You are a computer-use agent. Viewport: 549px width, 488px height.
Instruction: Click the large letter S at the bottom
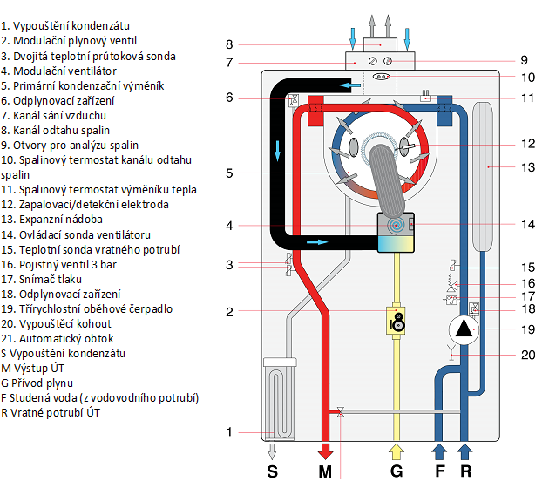pos(273,471)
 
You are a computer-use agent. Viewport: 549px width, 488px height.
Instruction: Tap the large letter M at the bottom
pos(325,471)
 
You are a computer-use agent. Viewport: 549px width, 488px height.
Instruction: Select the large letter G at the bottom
pos(396,471)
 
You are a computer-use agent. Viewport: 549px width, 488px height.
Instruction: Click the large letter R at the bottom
pos(466,471)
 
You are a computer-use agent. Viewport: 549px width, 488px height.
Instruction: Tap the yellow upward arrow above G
pos(396,451)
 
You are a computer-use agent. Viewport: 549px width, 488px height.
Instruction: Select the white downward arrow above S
pos(273,451)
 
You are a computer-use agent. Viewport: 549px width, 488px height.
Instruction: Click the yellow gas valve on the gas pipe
pos(396,321)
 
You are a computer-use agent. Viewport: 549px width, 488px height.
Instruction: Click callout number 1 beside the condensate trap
pos(228,431)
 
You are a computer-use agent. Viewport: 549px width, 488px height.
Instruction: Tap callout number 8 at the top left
pos(228,44)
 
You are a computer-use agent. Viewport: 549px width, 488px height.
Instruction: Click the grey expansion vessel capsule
pos(484,174)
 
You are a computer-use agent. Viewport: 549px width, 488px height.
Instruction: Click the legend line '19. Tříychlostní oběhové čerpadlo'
pos(86,308)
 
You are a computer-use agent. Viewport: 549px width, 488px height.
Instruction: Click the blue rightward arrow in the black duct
pos(319,241)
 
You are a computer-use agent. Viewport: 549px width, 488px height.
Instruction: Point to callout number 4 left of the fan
pos(228,226)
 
